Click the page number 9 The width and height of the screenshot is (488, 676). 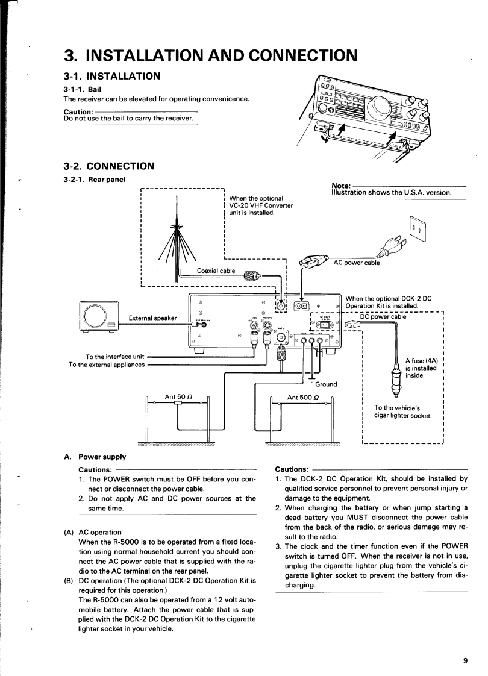tap(465, 660)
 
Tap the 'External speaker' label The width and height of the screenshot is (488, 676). tap(155, 318)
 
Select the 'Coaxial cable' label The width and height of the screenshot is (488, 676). tap(216, 271)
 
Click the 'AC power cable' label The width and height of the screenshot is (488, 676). tap(356, 263)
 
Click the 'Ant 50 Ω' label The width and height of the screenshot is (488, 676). tap(178, 397)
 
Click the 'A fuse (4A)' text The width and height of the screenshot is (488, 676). tap(424, 361)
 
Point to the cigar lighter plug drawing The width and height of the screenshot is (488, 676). tap(396, 380)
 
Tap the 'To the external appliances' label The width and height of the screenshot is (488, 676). tap(107, 364)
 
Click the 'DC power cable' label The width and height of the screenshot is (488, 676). tap(383, 316)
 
